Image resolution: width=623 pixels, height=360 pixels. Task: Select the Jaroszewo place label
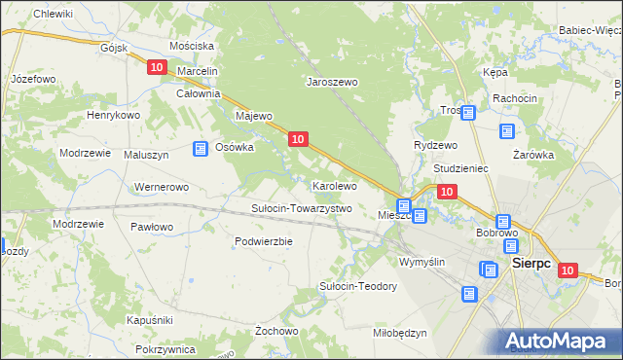point(333,83)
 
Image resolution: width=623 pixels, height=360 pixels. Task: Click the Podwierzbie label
point(264,241)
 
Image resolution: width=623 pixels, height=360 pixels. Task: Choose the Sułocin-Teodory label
point(358,286)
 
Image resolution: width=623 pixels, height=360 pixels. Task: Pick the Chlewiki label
point(54,14)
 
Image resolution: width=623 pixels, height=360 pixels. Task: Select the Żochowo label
point(275,331)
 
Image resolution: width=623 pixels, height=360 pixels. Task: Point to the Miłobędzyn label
point(400,333)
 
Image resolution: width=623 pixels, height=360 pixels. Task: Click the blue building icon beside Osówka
point(201,149)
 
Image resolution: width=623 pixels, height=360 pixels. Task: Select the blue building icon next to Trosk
point(467,113)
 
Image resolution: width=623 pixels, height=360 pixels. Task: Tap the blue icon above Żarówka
point(506,131)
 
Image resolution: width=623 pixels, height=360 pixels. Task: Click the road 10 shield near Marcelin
point(158,67)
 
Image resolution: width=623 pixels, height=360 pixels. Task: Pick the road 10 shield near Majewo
point(299,140)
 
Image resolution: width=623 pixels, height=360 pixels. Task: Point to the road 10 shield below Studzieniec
point(446,193)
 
